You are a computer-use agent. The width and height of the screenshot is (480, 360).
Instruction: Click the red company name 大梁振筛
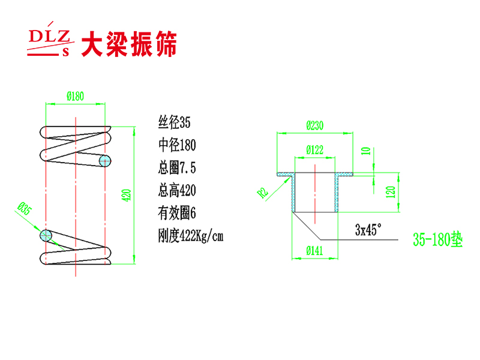(129, 44)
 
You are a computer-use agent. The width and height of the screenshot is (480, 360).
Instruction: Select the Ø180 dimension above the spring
(75, 95)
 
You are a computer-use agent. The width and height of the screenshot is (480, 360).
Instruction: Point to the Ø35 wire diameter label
(25, 208)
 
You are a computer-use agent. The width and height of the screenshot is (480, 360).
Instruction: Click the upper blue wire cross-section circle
(106, 161)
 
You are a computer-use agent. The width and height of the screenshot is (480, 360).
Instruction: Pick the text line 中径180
(178, 146)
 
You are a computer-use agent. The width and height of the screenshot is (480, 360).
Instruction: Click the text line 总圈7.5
(177, 169)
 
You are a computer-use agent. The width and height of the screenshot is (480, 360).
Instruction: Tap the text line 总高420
(178, 191)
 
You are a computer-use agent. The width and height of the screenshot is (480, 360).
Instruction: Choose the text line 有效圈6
(177, 213)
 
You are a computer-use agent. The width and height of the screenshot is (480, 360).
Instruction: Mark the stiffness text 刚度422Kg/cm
(190, 236)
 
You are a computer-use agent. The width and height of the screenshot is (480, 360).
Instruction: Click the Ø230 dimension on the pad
(315, 126)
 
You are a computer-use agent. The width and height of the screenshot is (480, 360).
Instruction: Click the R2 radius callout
(262, 193)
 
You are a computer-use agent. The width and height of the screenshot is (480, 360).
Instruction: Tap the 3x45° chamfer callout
(368, 230)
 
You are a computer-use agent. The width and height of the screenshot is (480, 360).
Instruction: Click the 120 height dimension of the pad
(391, 192)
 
